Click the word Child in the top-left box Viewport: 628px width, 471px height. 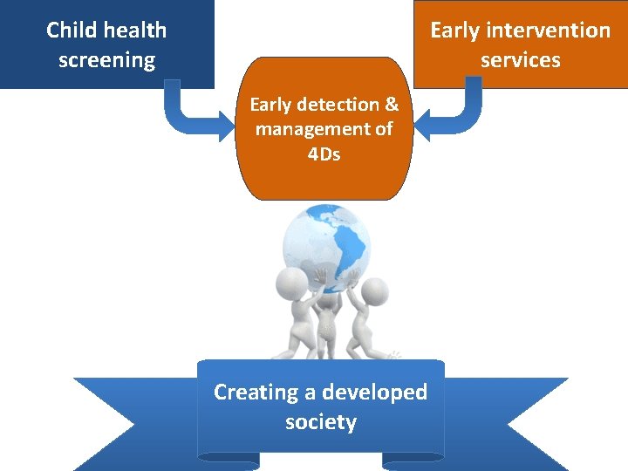pyautogui.click(x=70, y=31)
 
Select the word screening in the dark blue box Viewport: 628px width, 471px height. pyautogui.click(x=106, y=60)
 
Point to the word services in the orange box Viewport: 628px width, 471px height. pyautogui.click(x=521, y=60)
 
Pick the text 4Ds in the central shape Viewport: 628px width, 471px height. pyautogui.click(x=324, y=155)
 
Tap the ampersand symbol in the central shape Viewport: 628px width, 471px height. pyautogui.click(x=392, y=105)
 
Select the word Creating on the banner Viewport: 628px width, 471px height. pyautogui.click(x=256, y=392)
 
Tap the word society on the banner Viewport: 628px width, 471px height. pyautogui.click(x=321, y=423)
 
